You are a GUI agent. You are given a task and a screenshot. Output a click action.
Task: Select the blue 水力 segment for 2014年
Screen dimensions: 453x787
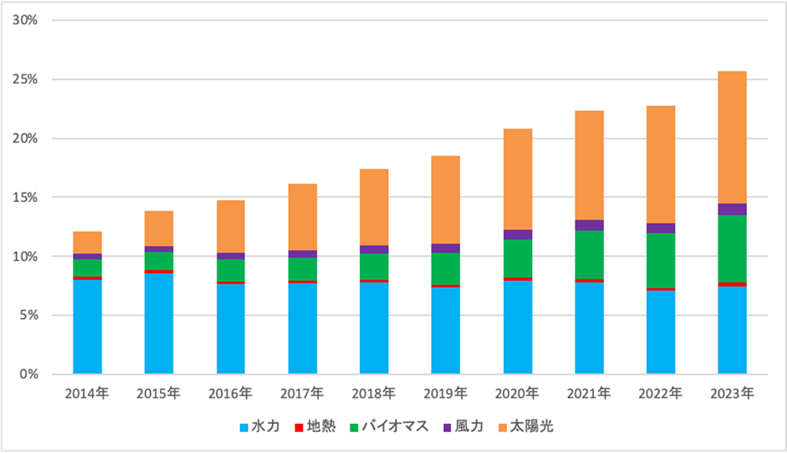pyautogui.click(x=87, y=327)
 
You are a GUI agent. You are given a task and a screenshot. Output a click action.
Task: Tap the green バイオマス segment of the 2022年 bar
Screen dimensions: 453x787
pyautogui.click(x=660, y=260)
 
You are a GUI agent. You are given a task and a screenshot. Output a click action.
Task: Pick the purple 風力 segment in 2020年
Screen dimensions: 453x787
pyautogui.click(x=517, y=234)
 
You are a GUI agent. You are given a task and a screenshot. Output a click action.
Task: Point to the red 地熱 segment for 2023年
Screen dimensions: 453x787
pyautogui.click(x=732, y=283)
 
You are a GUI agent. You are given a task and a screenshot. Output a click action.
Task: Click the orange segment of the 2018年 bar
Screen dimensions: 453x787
pyautogui.click(x=374, y=207)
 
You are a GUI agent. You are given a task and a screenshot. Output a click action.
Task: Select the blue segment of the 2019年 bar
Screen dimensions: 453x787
pyautogui.click(x=446, y=331)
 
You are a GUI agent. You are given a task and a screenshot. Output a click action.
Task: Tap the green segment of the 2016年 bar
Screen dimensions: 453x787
pyautogui.click(x=230, y=270)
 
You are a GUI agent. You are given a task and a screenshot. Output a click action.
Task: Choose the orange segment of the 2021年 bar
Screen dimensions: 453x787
pyautogui.click(x=589, y=165)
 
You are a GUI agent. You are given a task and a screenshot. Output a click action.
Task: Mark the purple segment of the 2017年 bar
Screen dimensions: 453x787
pyautogui.click(x=302, y=254)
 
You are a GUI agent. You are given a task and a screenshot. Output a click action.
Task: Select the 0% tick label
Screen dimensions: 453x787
pyautogui.click(x=29, y=374)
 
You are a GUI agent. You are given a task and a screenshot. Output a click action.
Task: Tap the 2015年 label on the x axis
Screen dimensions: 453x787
pyautogui.click(x=159, y=394)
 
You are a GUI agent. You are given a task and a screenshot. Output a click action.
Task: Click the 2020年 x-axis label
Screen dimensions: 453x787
pyautogui.click(x=517, y=394)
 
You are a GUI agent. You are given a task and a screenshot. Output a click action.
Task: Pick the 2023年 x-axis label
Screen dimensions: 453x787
pyautogui.click(x=732, y=394)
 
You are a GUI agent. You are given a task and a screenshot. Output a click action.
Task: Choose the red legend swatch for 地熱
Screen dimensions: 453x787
pyautogui.click(x=298, y=426)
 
